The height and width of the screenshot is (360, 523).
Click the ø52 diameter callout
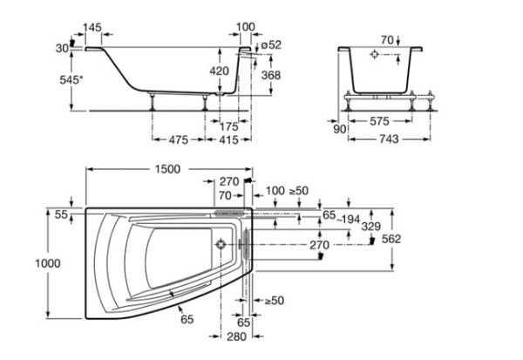pyautogui.click(x=270, y=44)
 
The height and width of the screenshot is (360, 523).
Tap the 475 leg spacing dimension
pyautogui.click(x=180, y=139)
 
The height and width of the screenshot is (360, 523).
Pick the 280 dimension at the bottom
pyautogui.click(x=236, y=336)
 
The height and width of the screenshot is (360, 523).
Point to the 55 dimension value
pyautogui.click(x=60, y=214)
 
